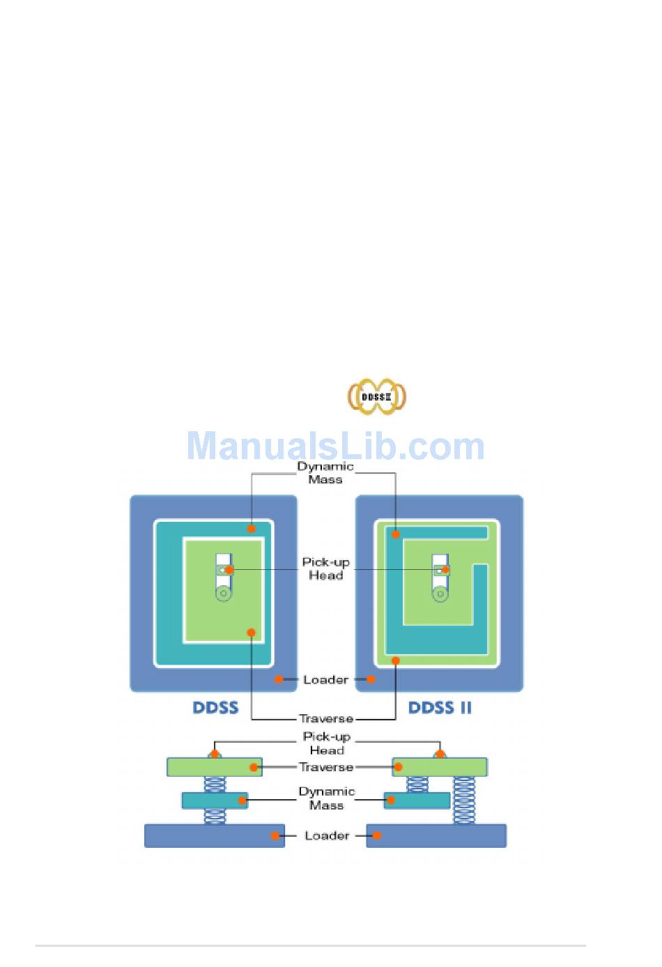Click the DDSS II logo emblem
click(376, 396)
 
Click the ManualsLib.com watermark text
click(335, 447)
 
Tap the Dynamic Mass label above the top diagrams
click(325, 473)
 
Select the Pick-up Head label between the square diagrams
click(325, 568)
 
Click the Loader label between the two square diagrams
click(325, 679)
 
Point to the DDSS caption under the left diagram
click(215, 708)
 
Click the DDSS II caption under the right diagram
click(440, 708)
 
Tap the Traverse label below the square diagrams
click(325, 718)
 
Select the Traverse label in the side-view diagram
click(325, 767)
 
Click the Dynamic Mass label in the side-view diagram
click(326, 798)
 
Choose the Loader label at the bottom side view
click(326, 835)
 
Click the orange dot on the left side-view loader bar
click(276, 835)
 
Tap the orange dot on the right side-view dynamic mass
click(390, 800)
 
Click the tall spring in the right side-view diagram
click(464, 800)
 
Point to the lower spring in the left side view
click(215, 817)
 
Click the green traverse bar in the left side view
click(209, 767)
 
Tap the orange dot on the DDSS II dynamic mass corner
click(396, 534)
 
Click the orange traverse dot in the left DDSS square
click(251, 633)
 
